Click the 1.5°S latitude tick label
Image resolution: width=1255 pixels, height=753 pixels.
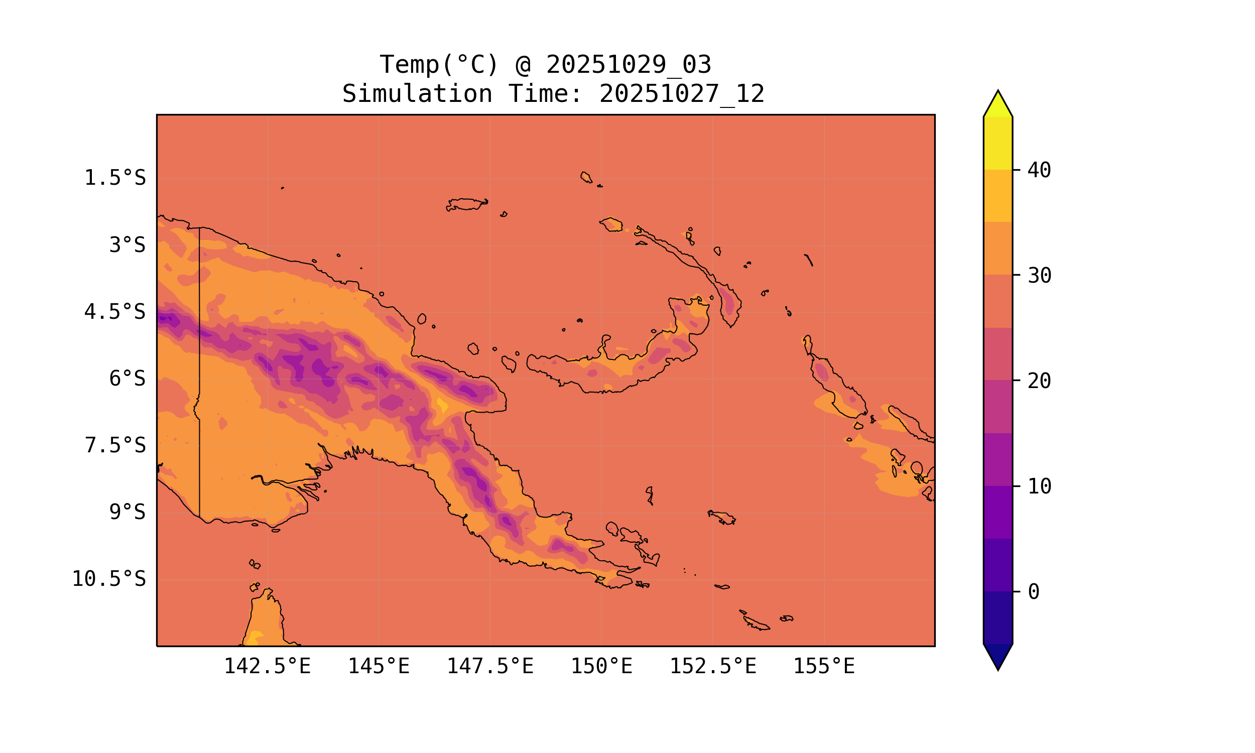[115, 178]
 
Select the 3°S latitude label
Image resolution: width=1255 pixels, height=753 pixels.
[128, 245]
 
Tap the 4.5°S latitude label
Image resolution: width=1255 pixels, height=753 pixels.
[115, 312]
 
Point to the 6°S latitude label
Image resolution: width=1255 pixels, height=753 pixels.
[128, 379]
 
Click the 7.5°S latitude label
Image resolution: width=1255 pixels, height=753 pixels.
[115, 445]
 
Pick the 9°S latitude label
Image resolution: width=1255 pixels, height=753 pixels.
[128, 512]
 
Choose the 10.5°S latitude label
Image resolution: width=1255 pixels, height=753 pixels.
[109, 579]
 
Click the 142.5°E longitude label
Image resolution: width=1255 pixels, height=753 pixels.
[268, 666]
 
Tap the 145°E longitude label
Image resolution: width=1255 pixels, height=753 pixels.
[379, 666]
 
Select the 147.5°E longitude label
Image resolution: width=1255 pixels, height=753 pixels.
[490, 666]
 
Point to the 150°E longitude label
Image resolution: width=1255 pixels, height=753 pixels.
[601, 666]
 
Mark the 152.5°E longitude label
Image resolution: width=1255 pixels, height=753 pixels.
[713, 666]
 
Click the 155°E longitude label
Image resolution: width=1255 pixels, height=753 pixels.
[824, 666]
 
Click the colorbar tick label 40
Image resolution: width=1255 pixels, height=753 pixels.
[1040, 171]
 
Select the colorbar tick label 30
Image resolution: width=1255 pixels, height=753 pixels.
[1040, 276]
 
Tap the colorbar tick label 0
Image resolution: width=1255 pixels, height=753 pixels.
[1034, 592]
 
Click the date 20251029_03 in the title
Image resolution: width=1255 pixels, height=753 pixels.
[629, 65]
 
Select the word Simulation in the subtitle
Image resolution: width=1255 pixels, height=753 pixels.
[417, 94]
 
